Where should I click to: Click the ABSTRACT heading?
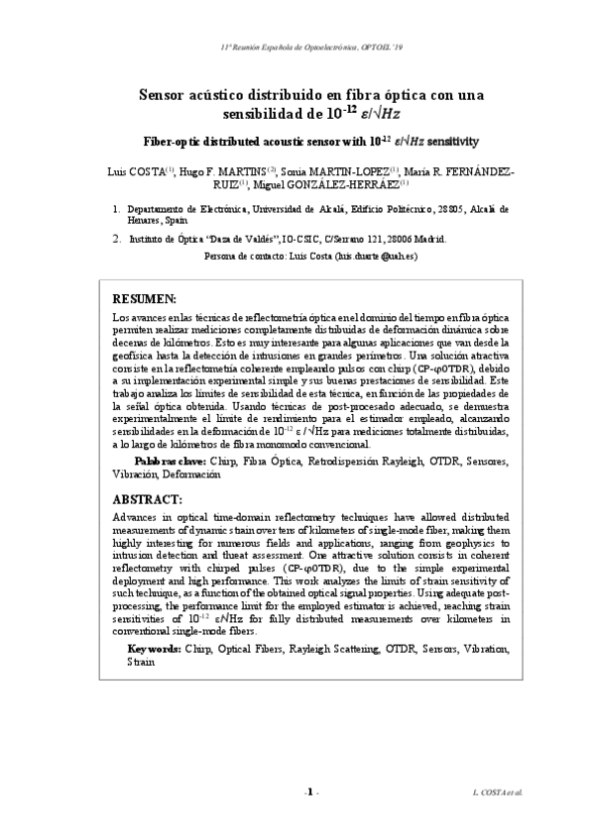(x=148, y=498)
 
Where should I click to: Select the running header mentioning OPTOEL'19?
(x=297, y=48)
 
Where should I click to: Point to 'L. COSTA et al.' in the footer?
(x=496, y=793)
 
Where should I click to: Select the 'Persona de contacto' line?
(x=310, y=255)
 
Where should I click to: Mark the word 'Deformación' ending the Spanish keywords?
(x=193, y=474)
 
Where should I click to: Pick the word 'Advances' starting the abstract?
(x=136, y=517)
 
